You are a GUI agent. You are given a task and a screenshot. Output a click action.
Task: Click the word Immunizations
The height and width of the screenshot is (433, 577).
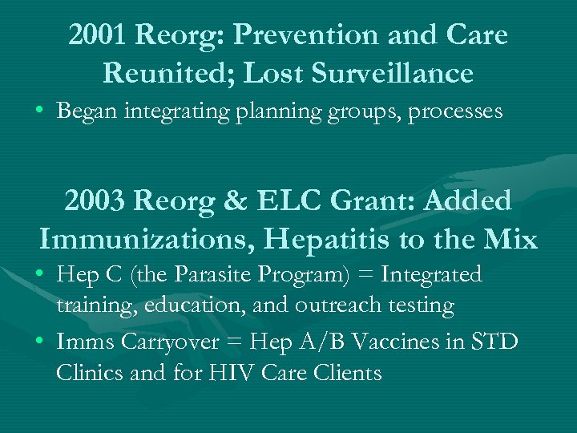[152, 238]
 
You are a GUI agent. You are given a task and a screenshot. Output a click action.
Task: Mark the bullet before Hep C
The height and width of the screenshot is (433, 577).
[40, 275]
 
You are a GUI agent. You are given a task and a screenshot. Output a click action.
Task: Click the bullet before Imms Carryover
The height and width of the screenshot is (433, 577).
[40, 342]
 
